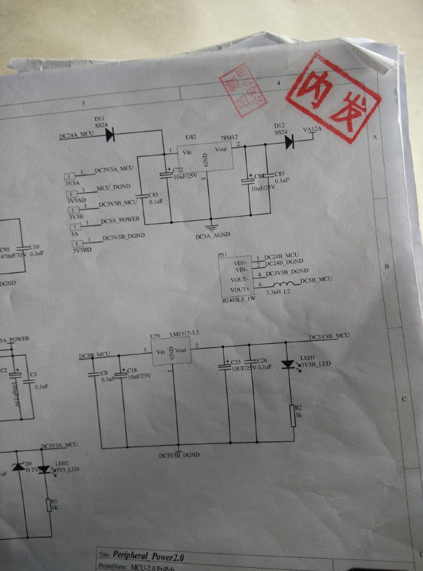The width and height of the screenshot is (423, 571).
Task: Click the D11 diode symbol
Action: [x=110, y=136]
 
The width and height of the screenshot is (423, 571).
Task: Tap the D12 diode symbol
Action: [x=289, y=141]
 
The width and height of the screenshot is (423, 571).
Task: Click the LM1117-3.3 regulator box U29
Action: [x=172, y=353]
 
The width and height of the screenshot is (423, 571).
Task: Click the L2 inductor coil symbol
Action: [x=283, y=286]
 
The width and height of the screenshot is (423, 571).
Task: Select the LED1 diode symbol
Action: [x=287, y=364]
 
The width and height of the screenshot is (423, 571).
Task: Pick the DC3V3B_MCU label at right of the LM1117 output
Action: [x=329, y=337]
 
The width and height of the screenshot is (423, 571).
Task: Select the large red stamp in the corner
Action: [x=332, y=98]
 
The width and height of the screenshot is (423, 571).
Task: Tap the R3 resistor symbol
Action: [x=48, y=505]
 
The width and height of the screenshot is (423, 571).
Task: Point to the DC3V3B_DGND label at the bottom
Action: [x=178, y=455]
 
